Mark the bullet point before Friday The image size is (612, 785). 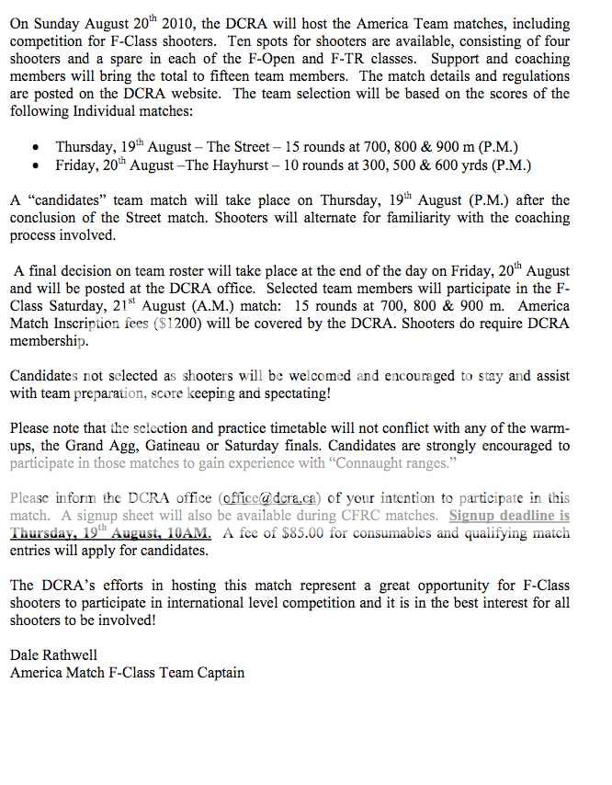(35, 166)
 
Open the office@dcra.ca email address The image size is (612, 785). (273, 499)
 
